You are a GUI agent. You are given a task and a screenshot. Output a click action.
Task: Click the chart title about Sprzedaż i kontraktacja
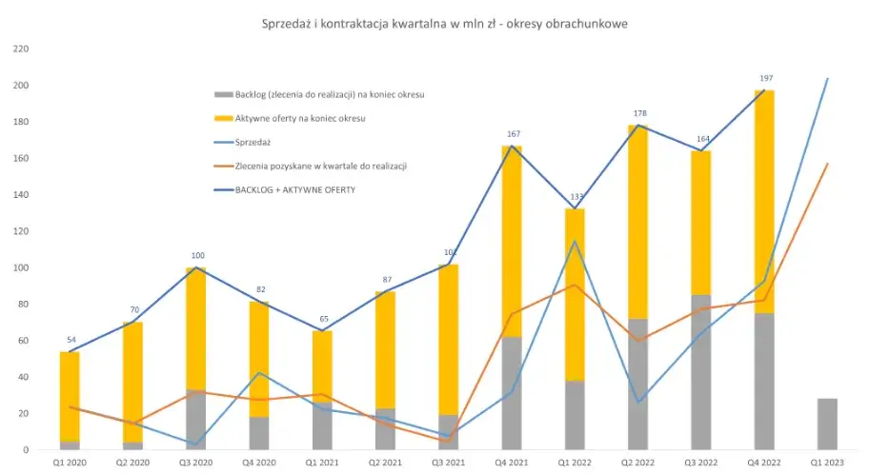point(444,22)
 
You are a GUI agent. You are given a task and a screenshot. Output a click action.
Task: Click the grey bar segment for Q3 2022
point(701,372)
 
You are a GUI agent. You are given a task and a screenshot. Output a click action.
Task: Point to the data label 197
point(764,79)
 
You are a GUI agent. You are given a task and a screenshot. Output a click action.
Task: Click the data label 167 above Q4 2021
point(512,134)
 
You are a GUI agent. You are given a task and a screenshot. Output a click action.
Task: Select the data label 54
point(70,340)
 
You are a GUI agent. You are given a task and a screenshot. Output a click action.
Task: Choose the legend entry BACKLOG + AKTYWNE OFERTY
point(293,189)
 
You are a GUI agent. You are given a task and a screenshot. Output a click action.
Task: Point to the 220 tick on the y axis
point(22,49)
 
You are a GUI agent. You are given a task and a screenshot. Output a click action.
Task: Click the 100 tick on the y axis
point(22,267)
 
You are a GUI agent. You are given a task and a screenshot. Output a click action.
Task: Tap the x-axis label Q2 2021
point(386,462)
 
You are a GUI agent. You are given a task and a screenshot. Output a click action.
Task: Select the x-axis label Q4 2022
point(764,462)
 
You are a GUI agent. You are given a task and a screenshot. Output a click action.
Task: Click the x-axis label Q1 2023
point(827,462)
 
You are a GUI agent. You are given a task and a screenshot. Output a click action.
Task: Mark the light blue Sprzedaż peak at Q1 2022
point(575,241)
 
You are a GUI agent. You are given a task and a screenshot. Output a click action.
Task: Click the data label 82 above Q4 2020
point(259,289)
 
